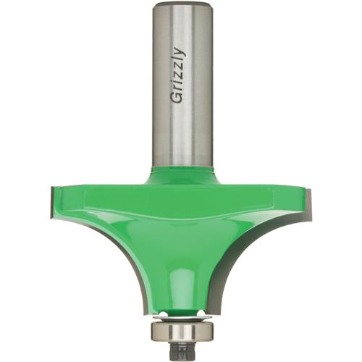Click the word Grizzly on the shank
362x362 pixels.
179,77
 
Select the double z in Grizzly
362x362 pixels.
179,73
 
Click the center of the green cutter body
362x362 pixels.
181,224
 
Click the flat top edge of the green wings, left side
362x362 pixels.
101,185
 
